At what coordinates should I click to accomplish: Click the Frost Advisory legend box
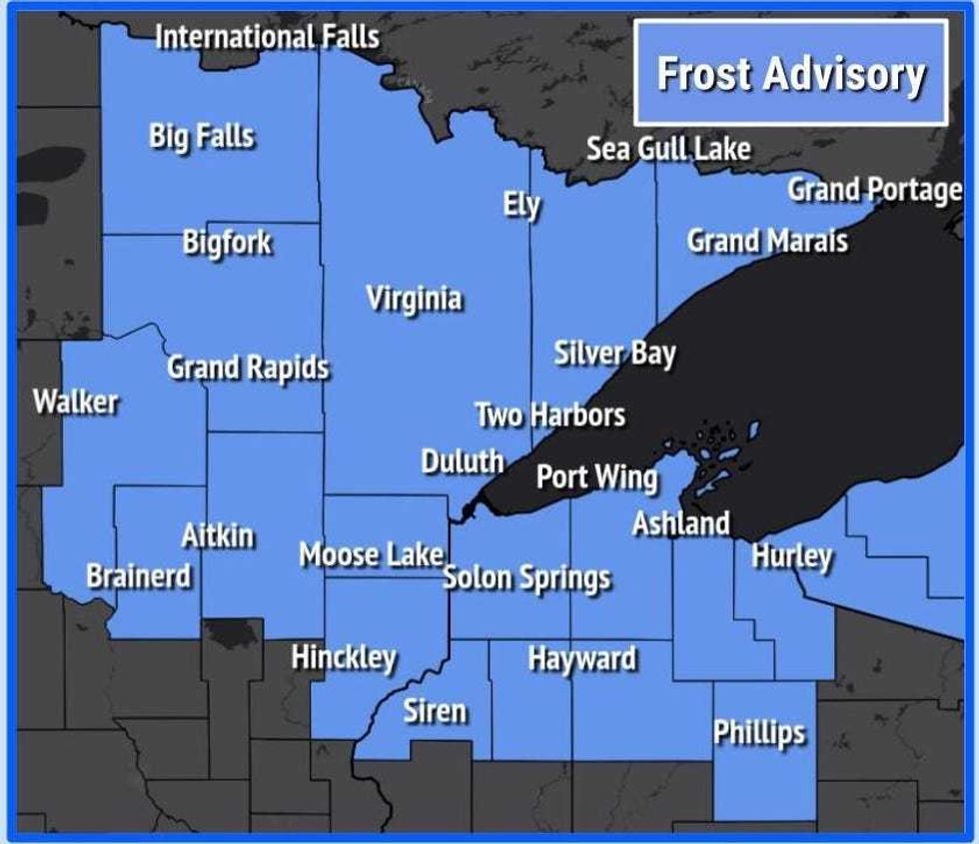pyautogui.click(x=790, y=73)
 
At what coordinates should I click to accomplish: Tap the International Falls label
pyautogui.click(x=268, y=37)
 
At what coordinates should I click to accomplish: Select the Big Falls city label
pyautogui.click(x=202, y=136)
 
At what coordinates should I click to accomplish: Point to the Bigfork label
pyautogui.click(x=227, y=242)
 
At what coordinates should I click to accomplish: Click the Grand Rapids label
pyautogui.click(x=248, y=368)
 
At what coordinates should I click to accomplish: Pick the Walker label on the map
pyautogui.click(x=76, y=403)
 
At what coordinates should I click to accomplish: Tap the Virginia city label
pyautogui.click(x=414, y=298)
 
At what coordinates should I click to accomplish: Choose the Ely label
pyautogui.click(x=521, y=207)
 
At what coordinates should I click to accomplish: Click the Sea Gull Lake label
pyautogui.click(x=667, y=149)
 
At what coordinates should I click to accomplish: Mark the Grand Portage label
pyautogui.click(x=874, y=189)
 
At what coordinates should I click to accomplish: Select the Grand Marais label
pyautogui.click(x=767, y=240)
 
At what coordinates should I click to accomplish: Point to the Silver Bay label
pyautogui.click(x=614, y=354)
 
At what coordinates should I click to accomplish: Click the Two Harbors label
pyautogui.click(x=549, y=415)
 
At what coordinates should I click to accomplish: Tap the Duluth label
pyautogui.click(x=462, y=460)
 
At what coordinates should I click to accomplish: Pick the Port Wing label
pyautogui.click(x=596, y=476)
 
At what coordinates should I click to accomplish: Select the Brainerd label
pyautogui.click(x=139, y=576)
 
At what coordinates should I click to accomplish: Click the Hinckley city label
pyautogui.click(x=344, y=657)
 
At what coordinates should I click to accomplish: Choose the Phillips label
pyautogui.click(x=758, y=732)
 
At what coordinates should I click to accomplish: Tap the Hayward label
pyautogui.click(x=581, y=659)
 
